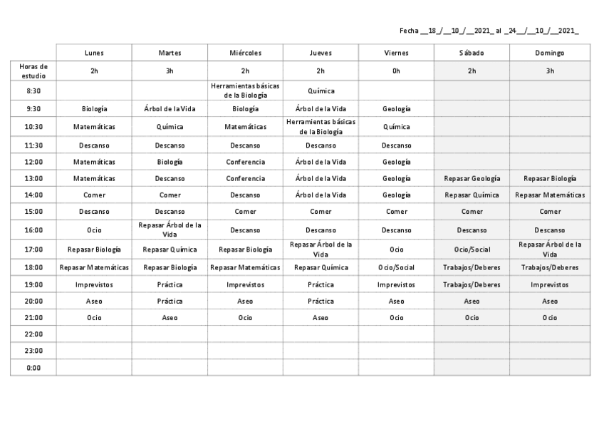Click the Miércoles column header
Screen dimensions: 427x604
(x=245, y=53)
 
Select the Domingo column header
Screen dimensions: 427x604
(x=550, y=53)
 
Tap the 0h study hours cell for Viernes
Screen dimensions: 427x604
(x=396, y=71)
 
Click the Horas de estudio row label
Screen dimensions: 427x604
(x=33, y=71)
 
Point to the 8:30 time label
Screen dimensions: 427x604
(x=33, y=91)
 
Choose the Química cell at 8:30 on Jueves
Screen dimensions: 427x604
(x=321, y=91)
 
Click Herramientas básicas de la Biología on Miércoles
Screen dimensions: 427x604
(x=245, y=91)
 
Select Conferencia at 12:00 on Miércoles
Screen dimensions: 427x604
(x=245, y=162)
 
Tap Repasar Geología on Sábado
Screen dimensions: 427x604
(x=472, y=178)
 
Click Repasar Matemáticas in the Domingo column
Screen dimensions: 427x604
(x=550, y=195)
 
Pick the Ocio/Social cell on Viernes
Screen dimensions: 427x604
(x=396, y=267)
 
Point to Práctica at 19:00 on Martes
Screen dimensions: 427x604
(x=170, y=284)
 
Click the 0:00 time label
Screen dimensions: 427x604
(x=33, y=368)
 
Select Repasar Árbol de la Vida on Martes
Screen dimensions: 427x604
(x=170, y=230)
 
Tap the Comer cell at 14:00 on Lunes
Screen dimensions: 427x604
(x=94, y=195)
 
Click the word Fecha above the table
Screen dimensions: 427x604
(x=409, y=31)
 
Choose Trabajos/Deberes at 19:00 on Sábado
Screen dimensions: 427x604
(x=472, y=284)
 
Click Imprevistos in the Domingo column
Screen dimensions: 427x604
(x=550, y=284)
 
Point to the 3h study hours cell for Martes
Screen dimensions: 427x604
(x=170, y=71)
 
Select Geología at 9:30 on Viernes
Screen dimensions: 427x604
(x=396, y=109)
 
